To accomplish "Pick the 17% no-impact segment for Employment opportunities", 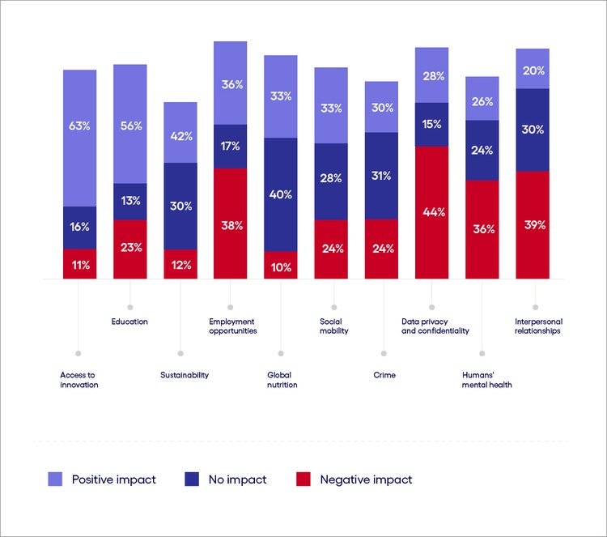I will (x=230, y=146).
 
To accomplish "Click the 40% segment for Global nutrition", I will (x=280, y=194).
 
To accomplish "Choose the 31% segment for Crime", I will (x=381, y=176).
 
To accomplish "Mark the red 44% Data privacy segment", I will (x=431, y=212).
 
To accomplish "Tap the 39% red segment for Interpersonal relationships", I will (x=532, y=224).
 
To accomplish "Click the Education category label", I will (x=129, y=322).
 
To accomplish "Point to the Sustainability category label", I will (x=185, y=375).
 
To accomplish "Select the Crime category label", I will (x=384, y=375).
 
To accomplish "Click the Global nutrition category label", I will (x=282, y=380).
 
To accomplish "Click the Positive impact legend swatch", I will (x=54, y=479).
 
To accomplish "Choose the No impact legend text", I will (x=237, y=479).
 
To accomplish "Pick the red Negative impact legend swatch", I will (x=303, y=479).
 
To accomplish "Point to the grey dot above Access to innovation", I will (x=79, y=353).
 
